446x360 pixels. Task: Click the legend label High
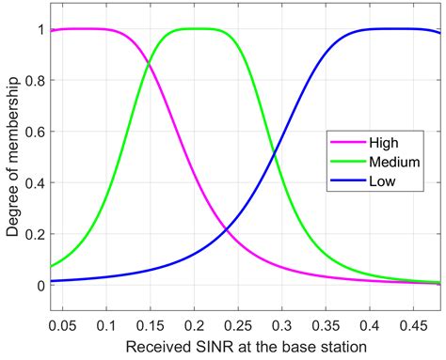click(x=383, y=144)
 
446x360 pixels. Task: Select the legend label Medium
click(x=391, y=162)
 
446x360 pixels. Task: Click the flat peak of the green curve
click(x=194, y=28)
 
